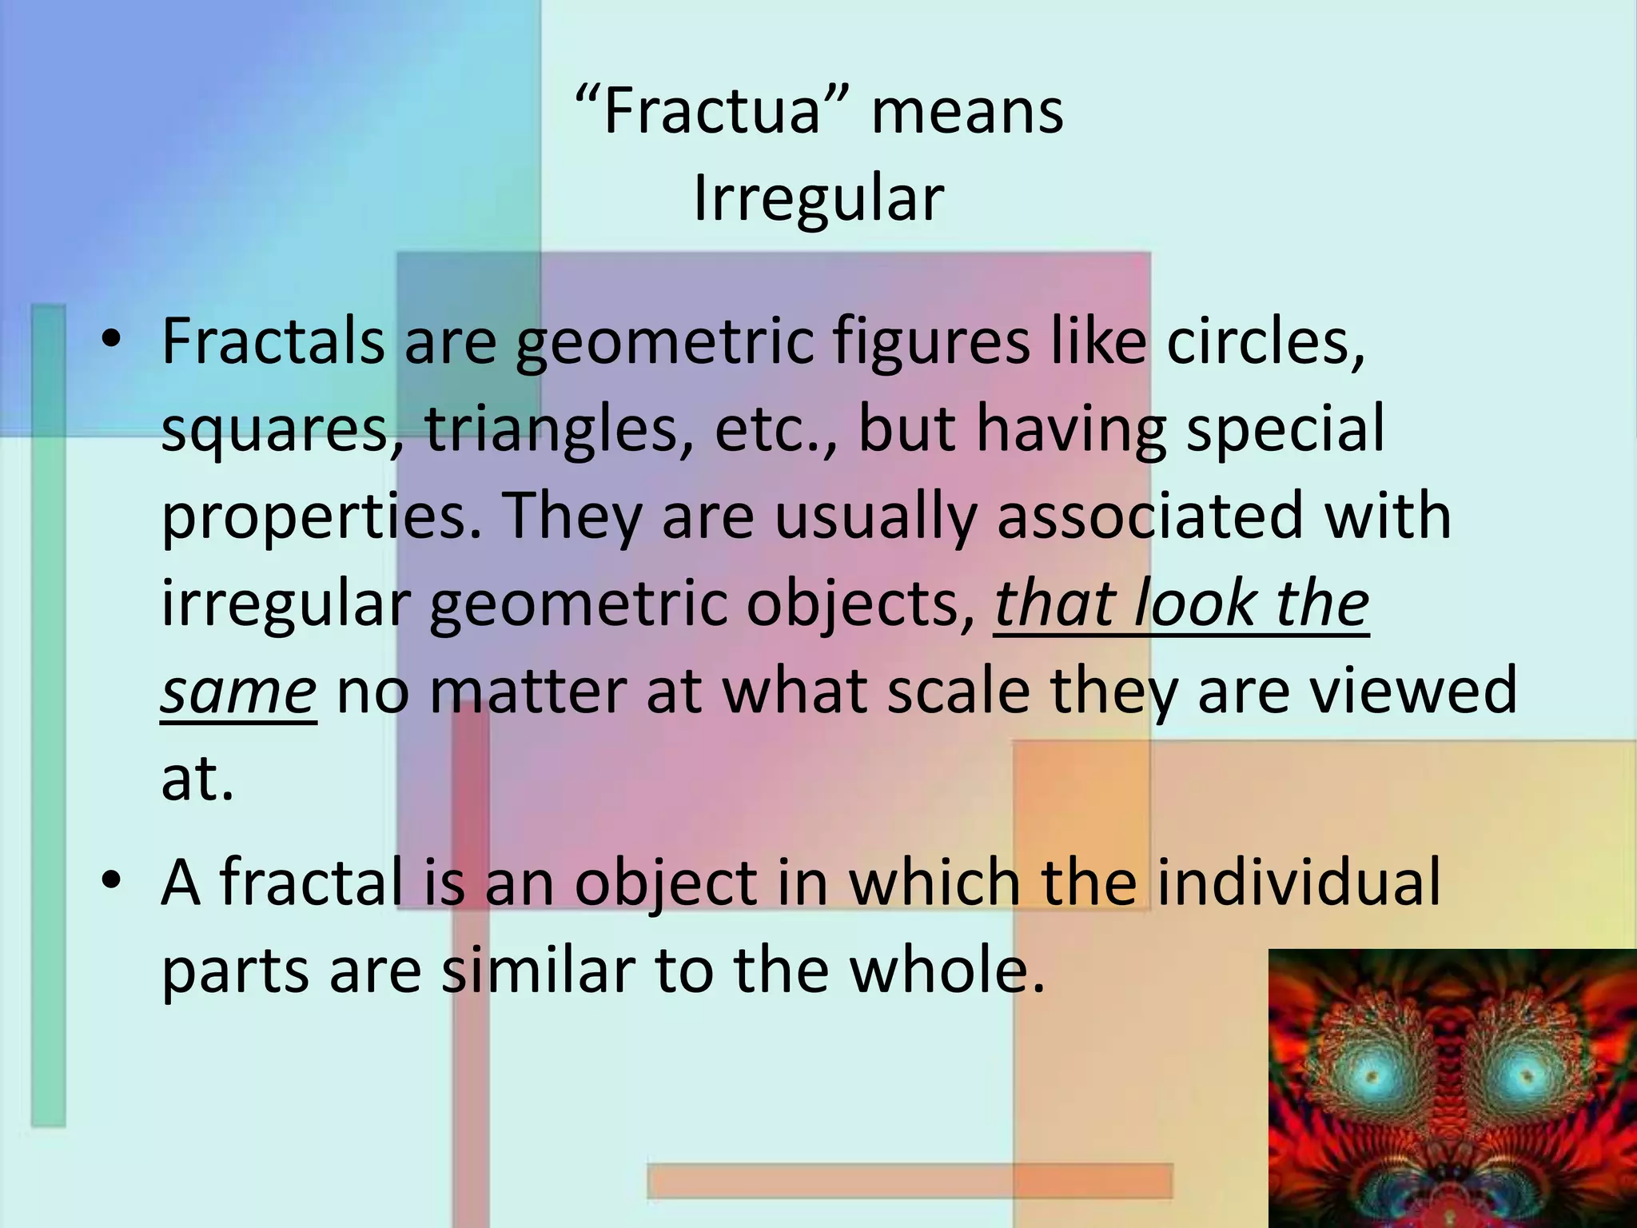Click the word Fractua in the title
[711, 111]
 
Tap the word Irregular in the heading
[818, 198]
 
